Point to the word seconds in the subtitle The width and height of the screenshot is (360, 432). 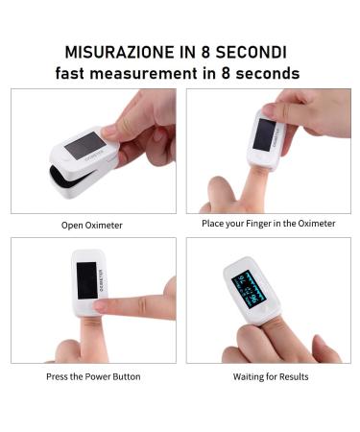pyautogui.click(x=266, y=74)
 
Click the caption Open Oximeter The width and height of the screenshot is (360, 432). pyautogui.click(x=93, y=226)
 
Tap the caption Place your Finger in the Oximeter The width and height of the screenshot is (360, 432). pyautogui.click(x=269, y=224)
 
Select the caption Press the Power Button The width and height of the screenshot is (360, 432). pyautogui.click(x=93, y=376)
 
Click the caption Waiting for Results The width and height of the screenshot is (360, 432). pyautogui.click(x=270, y=376)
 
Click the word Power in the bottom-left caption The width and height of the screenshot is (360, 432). pyautogui.click(x=97, y=376)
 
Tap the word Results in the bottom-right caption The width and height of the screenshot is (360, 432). pyautogui.click(x=292, y=376)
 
